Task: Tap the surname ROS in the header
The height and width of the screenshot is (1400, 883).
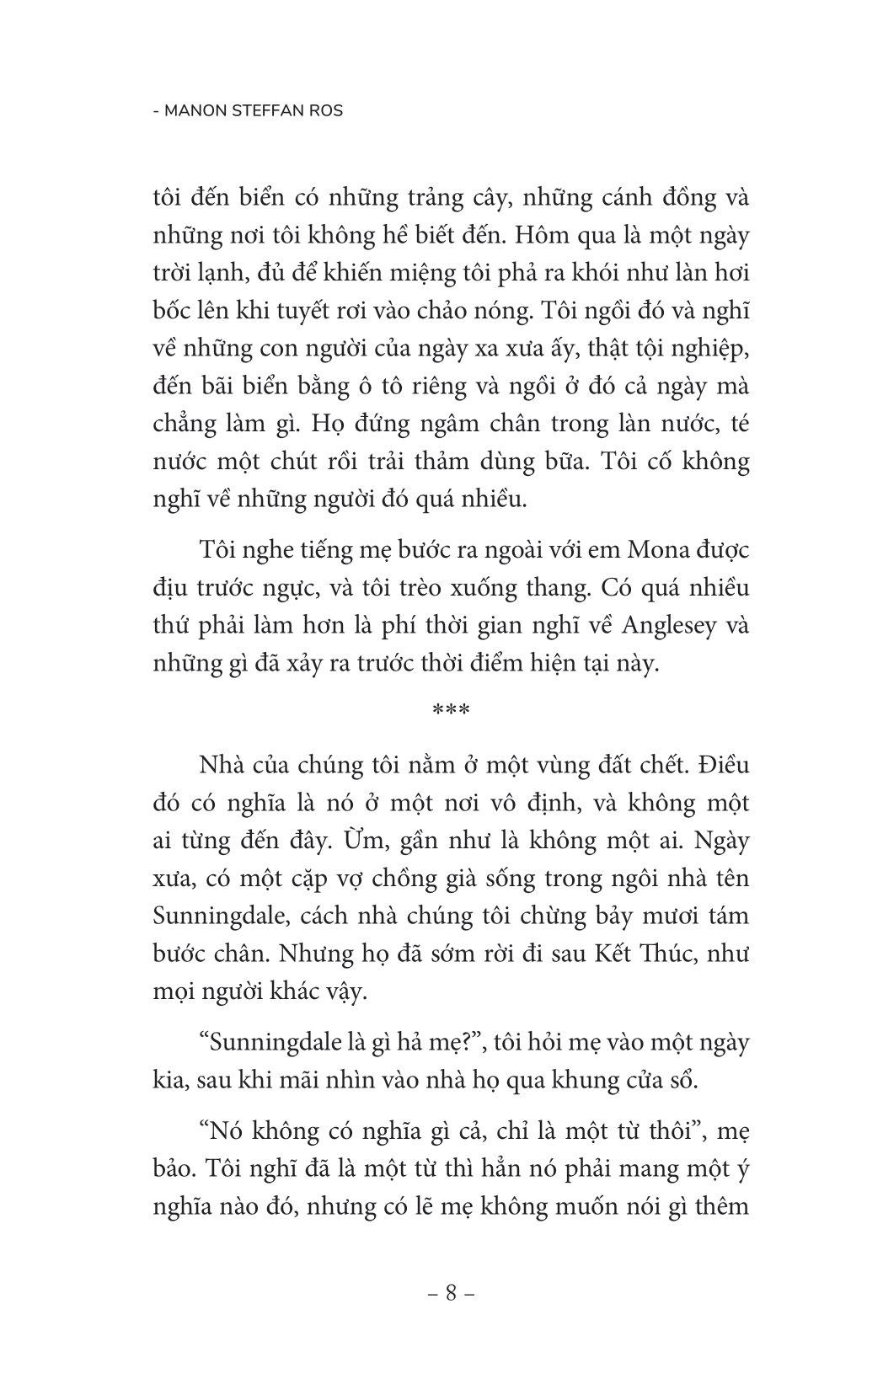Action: (x=324, y=110)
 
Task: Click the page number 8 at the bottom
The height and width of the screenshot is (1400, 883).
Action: (x=451, y=1293)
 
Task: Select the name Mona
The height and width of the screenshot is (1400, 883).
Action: (x=656, y=551)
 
